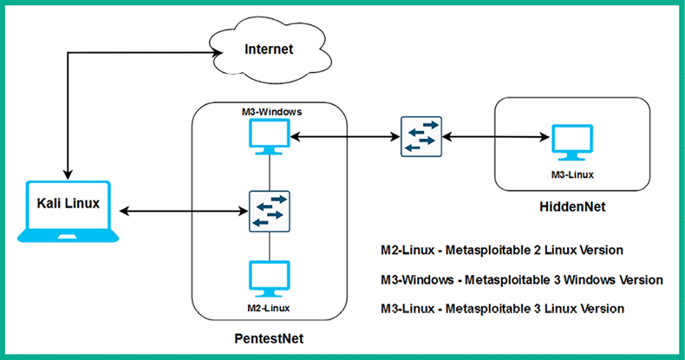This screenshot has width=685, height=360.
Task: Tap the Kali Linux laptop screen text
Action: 68,204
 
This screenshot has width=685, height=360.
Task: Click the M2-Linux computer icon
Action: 269,279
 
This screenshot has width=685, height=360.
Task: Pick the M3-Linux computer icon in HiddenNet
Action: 571,142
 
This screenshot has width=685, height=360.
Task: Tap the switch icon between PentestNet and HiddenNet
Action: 421,136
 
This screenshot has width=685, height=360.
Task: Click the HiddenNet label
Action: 571,207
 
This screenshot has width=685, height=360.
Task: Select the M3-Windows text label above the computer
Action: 269,113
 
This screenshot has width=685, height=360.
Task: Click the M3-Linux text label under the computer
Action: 571,173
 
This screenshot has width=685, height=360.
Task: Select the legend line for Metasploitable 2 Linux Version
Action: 502,250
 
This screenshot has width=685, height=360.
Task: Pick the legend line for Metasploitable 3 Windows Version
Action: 522,279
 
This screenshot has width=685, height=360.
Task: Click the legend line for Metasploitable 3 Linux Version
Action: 502,308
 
